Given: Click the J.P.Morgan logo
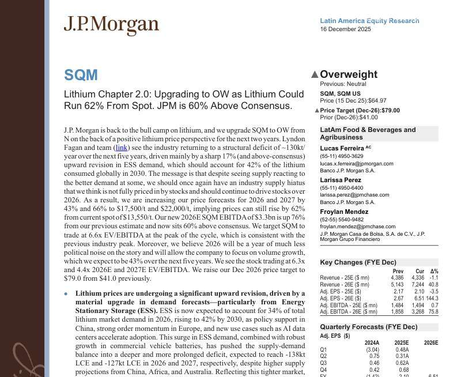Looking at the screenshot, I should point(111,25).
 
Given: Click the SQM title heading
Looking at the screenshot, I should point(81,75).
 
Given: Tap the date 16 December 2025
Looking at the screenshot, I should point(346,29).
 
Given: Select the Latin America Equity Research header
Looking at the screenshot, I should point(369,21).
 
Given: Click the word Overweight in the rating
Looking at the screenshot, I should point(349,74).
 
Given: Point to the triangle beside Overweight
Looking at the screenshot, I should point(314,74).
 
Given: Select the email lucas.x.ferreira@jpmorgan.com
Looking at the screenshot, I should point(357,164).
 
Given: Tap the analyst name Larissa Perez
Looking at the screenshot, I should point(341,180).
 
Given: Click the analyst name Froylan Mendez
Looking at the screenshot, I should point(344,212).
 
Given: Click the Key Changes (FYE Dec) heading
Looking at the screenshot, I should point(358,263).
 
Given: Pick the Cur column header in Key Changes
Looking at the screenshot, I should point(420,272).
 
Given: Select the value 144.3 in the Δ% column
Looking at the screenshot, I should point(432,299).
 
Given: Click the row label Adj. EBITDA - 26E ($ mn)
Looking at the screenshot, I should point(349,312).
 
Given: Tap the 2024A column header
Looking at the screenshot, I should point(372,343).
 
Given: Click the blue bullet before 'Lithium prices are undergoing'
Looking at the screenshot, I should point(66,294).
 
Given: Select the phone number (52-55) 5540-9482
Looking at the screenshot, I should point(342,220).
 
